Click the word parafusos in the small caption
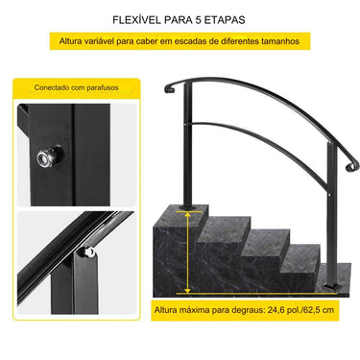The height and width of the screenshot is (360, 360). [105, 86]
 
